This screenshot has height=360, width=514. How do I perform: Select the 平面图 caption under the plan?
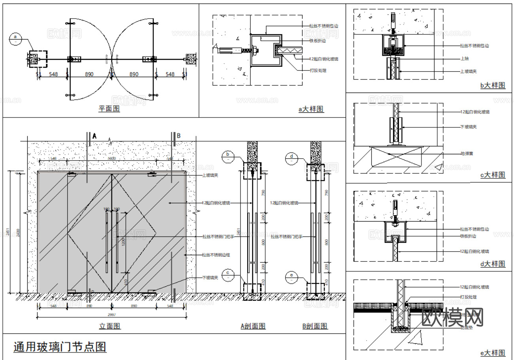pyautogui.click(x=109, y=108)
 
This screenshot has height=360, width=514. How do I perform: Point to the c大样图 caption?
pyautogui.click(x=493, y=174)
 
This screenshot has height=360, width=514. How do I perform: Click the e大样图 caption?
pyautogui.click(x=493, y=352)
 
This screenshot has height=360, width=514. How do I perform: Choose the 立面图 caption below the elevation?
pyautogui.click(x=110, y=326)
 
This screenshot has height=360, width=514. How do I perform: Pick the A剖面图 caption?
pyautogui.click(x=253, y=326)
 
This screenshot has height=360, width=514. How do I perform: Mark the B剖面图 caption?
pyautogui.click(x=315, y=326)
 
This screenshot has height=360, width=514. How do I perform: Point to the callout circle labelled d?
pyautogui.click(x=291, y=158)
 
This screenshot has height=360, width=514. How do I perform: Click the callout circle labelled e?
pyautogui.click(x=291, y=277)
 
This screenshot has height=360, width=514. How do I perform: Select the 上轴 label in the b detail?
pyautogui.click(x=465, y=59)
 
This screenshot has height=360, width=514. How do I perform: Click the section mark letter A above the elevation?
pyautogui.click(x=94, y=136)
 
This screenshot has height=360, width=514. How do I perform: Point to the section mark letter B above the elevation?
pyautogui.click(x=178, y=136)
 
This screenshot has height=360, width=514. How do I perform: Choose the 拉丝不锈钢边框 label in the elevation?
pyautogui.click(x=215, y=255)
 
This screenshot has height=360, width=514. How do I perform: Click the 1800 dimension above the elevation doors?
pyautogui.click(x=111, y=158)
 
